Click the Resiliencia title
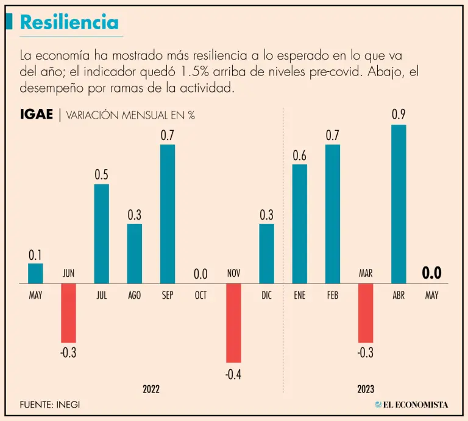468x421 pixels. coord(69,22)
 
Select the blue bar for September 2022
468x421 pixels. coord(168,214)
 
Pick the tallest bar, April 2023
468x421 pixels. coord(399,204)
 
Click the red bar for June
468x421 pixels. coord(69,313)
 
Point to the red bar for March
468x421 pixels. coord(366,313)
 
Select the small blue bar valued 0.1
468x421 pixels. coord(36,273)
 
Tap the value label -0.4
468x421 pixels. coord(233,375)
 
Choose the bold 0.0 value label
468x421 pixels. coord(431,273)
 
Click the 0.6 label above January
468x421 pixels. coord(299,155)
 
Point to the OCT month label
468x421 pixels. coord(200,295)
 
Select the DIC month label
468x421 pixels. coord(266,295)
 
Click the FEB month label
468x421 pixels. coord(332,295)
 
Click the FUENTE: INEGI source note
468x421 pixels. coord(49,404)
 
